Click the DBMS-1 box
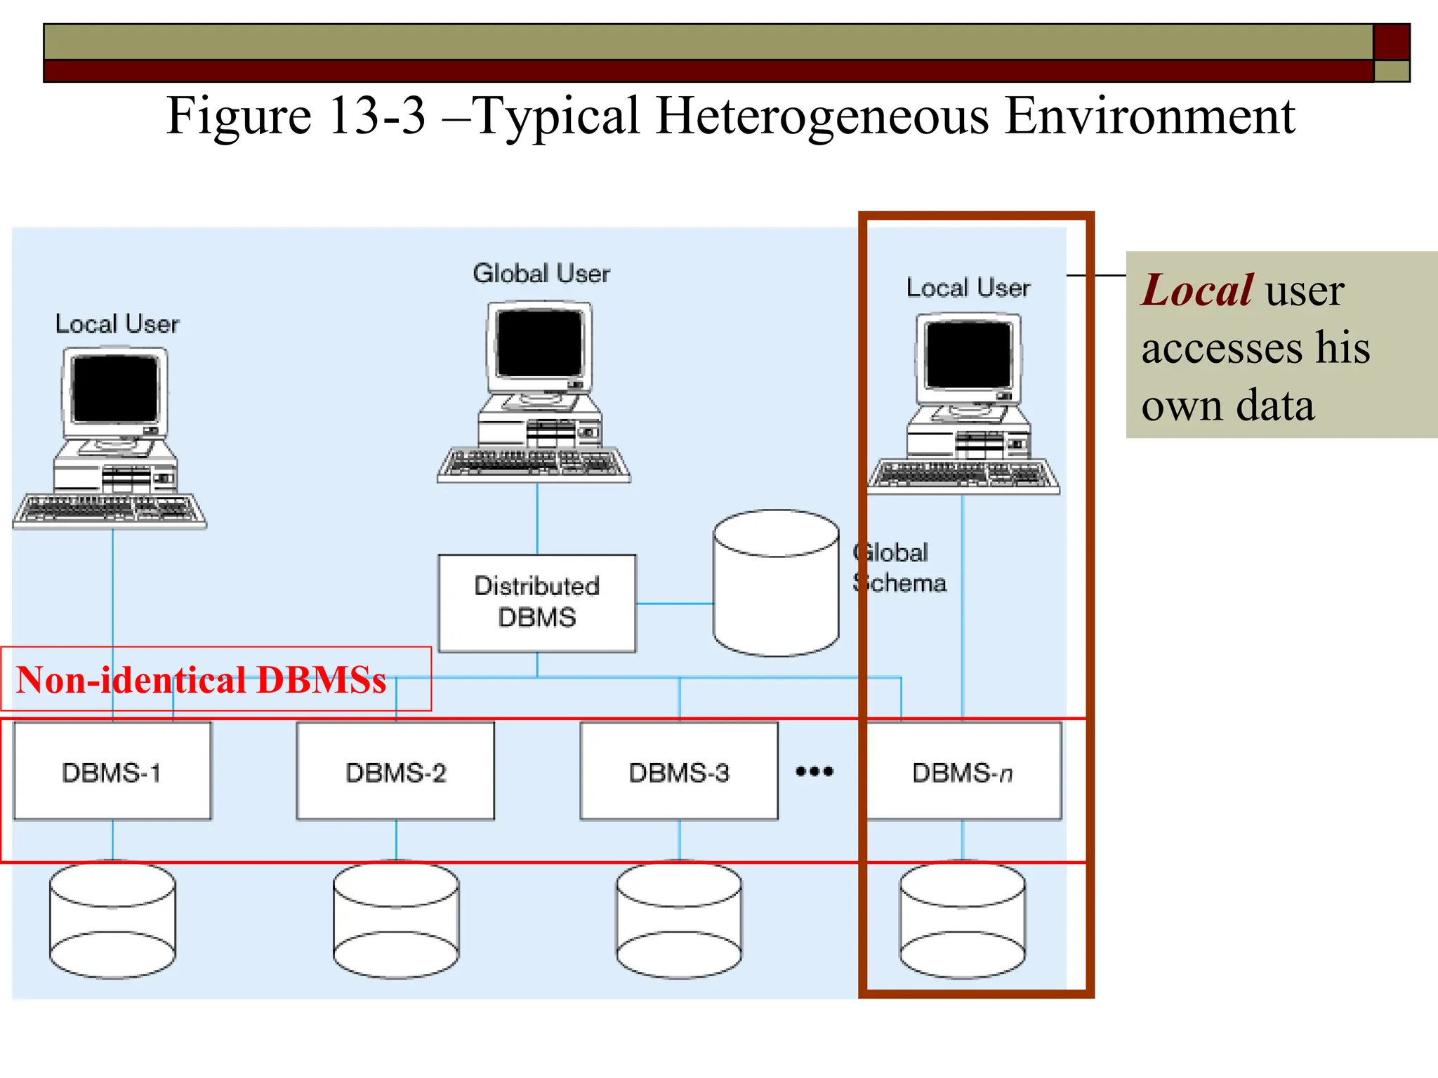(x=112, y=771)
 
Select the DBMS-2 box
(x=395, y=771)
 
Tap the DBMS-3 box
(x=679, y=771)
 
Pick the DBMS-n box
(x=963, y=771)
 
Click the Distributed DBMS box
(x=537, y=603)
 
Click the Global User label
(x=541, y=273)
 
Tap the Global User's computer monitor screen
(x=539, y=343)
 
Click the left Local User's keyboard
(x=110, y=510)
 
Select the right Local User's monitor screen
(x=968, y=354)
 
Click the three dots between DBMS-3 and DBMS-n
(x=814, y=771)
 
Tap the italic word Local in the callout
(x=1196, y=290)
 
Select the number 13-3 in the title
(x=376, y=116)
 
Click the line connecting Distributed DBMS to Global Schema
(x=674, y=603)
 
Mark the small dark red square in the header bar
(x=1391, y=41)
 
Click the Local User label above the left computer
(x=117, y=324)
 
